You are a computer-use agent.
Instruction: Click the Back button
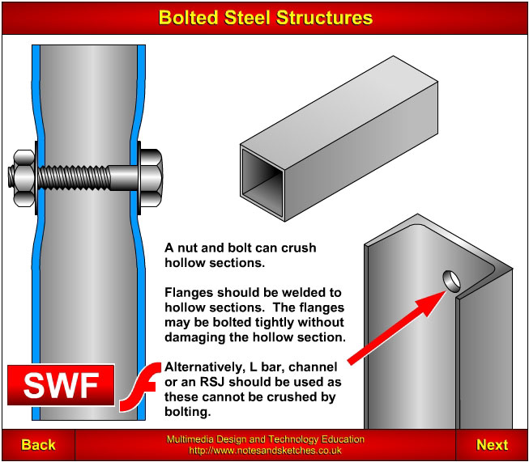[x=38, y=444]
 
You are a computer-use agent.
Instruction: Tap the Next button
[x=492, y=444]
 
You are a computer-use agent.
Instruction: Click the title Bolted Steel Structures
[x=265, y=17]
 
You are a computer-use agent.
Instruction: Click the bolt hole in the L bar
[x=452, y=280]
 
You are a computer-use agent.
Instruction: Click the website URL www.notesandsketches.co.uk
[x=265, y=450]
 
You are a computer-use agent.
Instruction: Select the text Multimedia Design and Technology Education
[x=265, y=439]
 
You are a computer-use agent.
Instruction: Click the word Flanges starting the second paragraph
[x=188, y=292]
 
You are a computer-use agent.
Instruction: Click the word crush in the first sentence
[x=299, y=247]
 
